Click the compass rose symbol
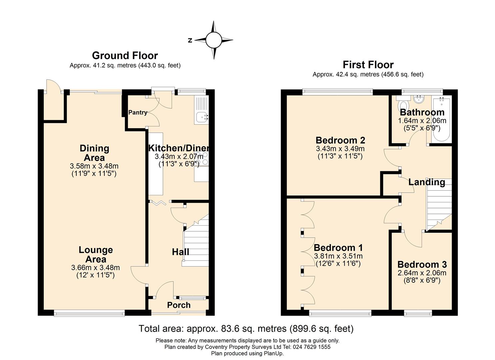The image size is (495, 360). click(x=214, y=40)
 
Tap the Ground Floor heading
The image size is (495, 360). click(x=125, y=55)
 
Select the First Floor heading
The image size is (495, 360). click(x=368, y=64)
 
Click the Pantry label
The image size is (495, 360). click(x=138, y=112)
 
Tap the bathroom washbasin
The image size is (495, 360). click(x=417, y=99)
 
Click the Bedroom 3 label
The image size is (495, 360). click(x=422, y=265)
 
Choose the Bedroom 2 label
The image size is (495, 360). click(x=340, y=140)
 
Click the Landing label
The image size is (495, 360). click(x=427, y=182)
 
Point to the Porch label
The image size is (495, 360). click(x=179, y=305)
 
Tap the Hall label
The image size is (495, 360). click(x=180, y=252)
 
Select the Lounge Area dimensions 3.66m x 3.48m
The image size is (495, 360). click(x=95, y=267)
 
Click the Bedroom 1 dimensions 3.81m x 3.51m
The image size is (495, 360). click(x=338, y=256)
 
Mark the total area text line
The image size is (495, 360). click(x=246, y=329)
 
